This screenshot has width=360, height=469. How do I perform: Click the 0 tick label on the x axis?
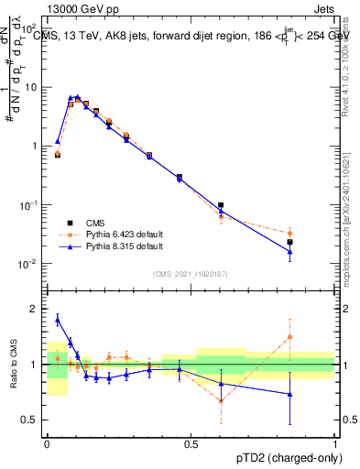(x=46, y=443)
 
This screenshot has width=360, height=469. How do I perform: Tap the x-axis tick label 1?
(x=335, y=443)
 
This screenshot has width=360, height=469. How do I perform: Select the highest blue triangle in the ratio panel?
(x=58, y=319)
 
